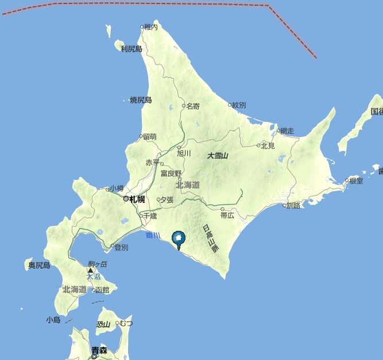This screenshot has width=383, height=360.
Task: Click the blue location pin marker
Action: click(x=179, y=238)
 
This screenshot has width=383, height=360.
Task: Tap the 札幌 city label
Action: click(x=137, y=199)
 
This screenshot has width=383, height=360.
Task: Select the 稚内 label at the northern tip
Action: click(x=151, y=26)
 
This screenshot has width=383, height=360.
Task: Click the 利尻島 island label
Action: click(x=131, y=49)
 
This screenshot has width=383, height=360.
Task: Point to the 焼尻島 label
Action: click(x=141, y=100)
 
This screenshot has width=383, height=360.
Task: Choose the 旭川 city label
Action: click(x=184, y=153)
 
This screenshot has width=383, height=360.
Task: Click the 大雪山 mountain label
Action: click(x=218, y=156)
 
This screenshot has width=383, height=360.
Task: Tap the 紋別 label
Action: click(x=238, y=105)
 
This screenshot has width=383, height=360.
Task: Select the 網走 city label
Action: click(x=286, y=131)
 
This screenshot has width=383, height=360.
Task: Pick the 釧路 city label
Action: click(x=293, y=205)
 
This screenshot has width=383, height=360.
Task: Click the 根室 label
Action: click(x=355, y=181)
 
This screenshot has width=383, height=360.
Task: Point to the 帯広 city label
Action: click(x=227, y=215)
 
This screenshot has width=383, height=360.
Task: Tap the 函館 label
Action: click(x=101, y=290)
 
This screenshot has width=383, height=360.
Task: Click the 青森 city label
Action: click(x=99, y=349)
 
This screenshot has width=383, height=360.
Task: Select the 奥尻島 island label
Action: click(x=39, y=265)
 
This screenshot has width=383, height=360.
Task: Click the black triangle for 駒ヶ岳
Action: click(x=90, y=269)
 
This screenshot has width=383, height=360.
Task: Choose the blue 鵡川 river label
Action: click(x=152, y=235)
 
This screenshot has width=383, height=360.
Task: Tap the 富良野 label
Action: click(x=171, y=173)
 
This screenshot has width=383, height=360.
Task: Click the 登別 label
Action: click(x=121, y=247)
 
